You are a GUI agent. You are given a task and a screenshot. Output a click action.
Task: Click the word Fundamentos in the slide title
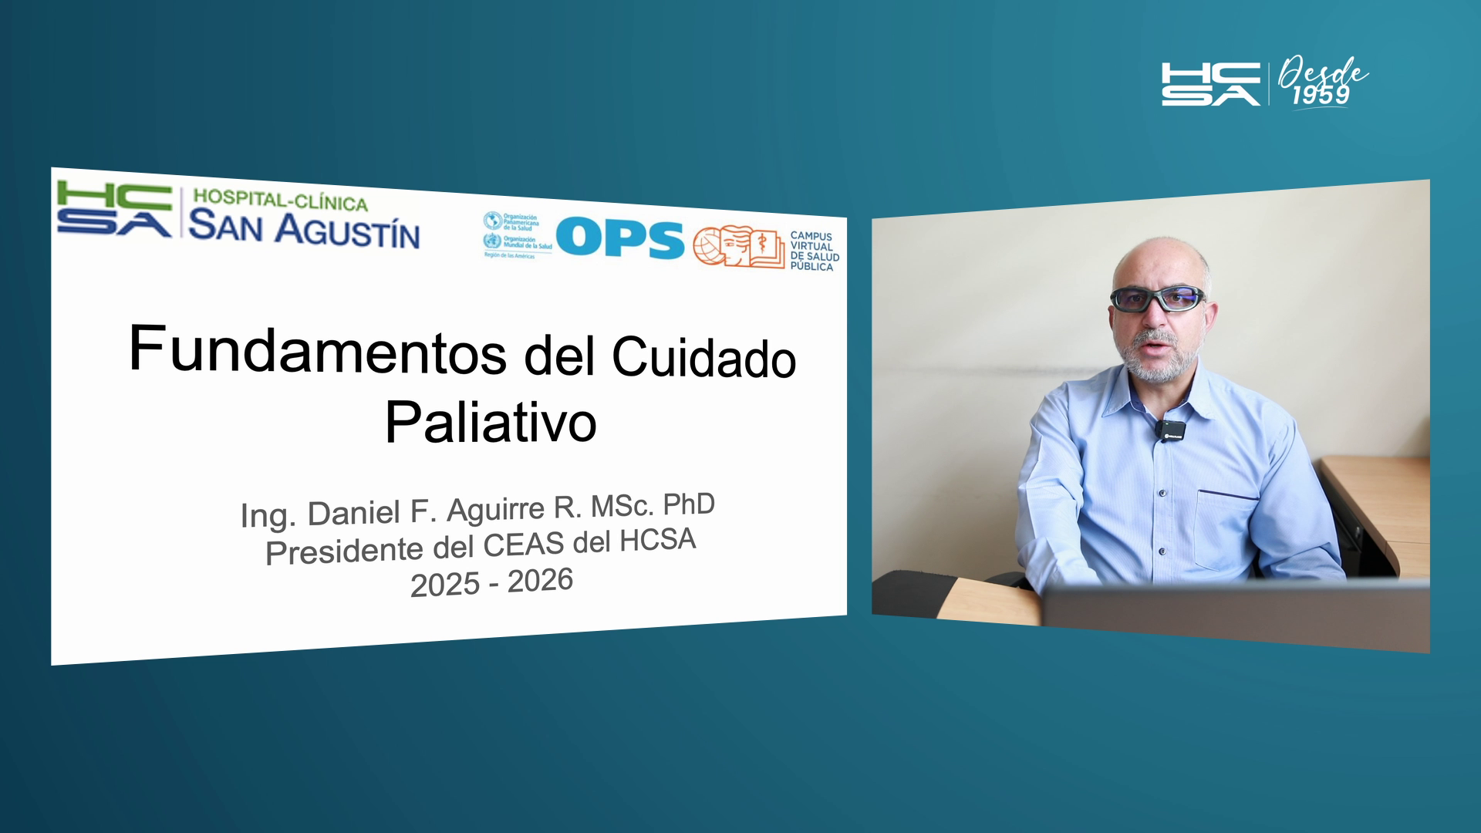point(317,350)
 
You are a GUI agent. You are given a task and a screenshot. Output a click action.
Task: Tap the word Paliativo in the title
point(491,423)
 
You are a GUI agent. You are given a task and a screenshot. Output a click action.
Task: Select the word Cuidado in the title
point(703,359)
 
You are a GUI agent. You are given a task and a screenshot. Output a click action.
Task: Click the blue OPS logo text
point(620,238)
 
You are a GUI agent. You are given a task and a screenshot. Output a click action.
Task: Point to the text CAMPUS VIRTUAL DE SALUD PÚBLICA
point(814,251)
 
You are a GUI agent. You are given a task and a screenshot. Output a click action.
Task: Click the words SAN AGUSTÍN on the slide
point(304,229)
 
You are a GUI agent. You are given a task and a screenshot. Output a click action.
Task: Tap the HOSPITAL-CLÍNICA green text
point(280,200)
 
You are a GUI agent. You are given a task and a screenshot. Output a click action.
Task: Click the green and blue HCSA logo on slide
point(114,209)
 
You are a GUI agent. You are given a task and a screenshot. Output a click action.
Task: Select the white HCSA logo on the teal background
point(1210,84)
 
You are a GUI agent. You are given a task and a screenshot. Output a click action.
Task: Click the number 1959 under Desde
point(1321,96)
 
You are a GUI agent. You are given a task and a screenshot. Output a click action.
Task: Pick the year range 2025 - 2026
point(491,582)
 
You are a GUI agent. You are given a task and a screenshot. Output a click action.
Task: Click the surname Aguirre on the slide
point(496,510)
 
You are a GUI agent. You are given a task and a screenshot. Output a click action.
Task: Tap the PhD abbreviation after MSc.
point(689,504)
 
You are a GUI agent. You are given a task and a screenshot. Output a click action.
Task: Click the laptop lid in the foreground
point(1234,617)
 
